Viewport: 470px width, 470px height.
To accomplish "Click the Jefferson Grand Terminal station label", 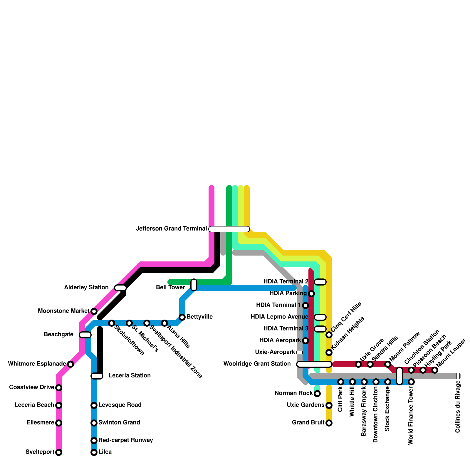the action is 172,229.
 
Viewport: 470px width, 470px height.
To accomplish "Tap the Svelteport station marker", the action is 59,452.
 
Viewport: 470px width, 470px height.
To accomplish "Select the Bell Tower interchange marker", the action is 194,285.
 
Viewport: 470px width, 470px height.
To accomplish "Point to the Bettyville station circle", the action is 182,317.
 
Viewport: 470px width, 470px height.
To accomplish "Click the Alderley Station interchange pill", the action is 120,288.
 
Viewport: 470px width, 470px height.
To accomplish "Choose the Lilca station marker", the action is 94,452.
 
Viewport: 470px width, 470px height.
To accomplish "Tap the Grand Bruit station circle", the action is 329,423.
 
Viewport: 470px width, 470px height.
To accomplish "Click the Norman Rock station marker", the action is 317,393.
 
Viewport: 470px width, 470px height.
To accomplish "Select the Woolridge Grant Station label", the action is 257,364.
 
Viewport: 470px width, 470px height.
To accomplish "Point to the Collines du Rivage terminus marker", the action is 458,376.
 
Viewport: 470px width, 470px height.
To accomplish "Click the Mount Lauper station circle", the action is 435,370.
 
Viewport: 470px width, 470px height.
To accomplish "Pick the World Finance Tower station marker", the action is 411,382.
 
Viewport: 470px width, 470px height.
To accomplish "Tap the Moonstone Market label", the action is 63,311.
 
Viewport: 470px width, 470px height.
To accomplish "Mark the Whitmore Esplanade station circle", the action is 70,364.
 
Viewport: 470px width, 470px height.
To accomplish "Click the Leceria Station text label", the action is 130,375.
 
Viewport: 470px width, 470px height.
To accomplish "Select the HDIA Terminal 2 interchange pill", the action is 320,282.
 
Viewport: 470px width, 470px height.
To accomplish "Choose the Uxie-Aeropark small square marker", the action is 300,352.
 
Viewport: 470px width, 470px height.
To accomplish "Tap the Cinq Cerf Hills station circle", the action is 329,335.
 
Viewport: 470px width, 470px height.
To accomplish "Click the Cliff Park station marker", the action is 341,382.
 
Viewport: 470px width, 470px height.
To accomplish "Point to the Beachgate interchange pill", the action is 85,335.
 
